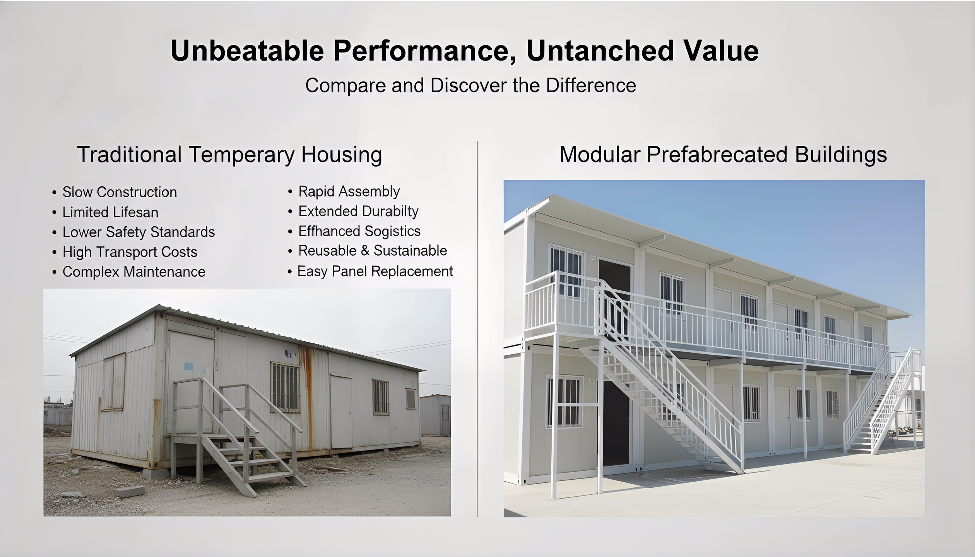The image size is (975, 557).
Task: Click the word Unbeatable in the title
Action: [247, 51]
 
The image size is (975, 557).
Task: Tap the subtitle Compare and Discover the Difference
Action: [470, 85]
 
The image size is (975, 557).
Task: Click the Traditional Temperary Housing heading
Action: [229, 154]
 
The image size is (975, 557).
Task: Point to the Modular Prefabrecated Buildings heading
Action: [723, 154]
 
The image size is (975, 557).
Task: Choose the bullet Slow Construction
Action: [120, 192]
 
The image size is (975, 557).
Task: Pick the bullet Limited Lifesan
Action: [110, 212]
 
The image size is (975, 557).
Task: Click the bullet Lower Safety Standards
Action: [139, 232]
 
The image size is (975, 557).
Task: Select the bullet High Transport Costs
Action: [130, 252]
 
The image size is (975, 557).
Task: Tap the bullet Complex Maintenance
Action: [134, 272]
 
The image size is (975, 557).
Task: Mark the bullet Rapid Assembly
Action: [349, 191]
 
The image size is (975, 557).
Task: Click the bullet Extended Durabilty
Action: [358, 211]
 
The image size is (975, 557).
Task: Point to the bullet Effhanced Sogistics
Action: [359, 231]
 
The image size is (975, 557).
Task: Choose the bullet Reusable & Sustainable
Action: [372, 251]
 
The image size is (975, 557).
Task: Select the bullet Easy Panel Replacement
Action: [375, 272]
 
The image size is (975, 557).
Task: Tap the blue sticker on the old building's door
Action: [189, 366]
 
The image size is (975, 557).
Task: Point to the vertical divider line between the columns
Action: [477, 329]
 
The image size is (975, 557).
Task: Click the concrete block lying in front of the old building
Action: [129, 492]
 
